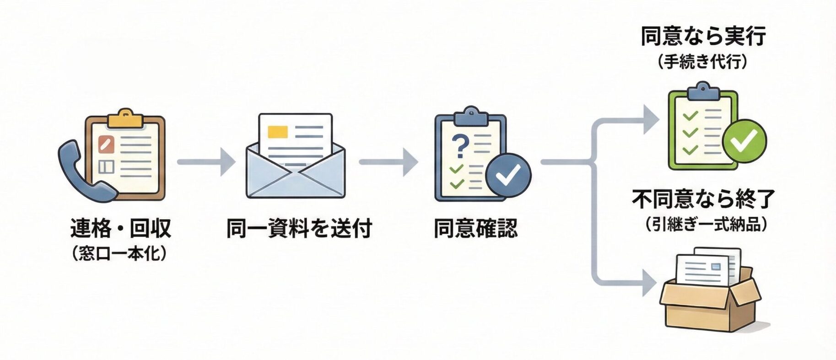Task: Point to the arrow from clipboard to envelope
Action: coord(206,162)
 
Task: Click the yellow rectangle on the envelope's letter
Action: coord(277,131)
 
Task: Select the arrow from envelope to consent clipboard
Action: coord(388,162)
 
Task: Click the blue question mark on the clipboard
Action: coord(460,145)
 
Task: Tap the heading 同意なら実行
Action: coord(703,37)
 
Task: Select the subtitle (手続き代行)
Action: coord(703,62)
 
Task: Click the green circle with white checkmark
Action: coord(745,141)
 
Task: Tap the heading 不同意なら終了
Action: coord(704,199)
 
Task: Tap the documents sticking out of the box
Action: coord(707,268)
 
